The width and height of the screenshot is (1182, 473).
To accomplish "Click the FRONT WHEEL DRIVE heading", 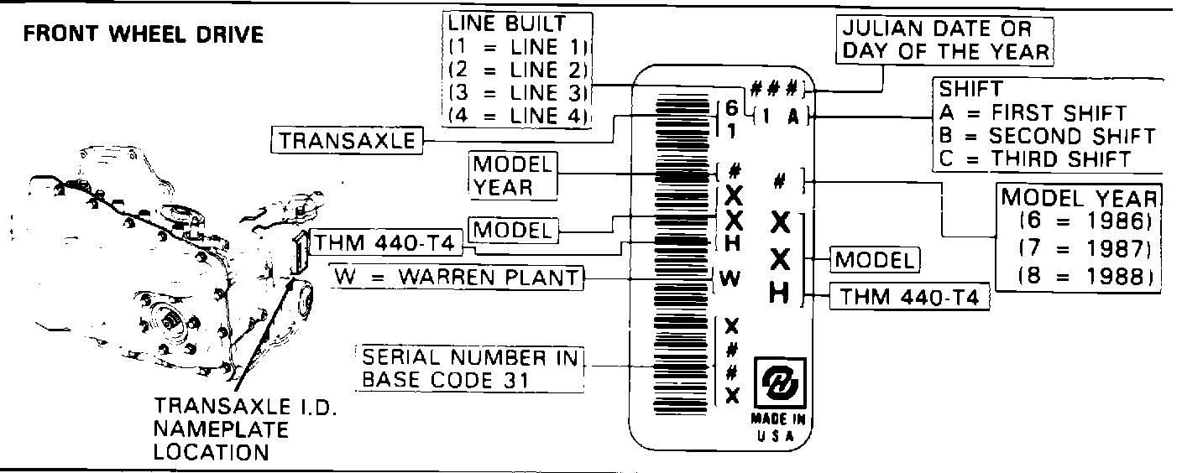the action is pyautogui.click(x=143, y=35).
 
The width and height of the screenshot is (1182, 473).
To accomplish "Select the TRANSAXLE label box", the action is pyautogui.click(x=348, y=140).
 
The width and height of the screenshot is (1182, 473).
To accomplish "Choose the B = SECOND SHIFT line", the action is pyautogui.click(x=1047, y=135).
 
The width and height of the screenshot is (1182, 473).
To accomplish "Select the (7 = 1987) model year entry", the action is pyautogui.click(x=1080, y=249).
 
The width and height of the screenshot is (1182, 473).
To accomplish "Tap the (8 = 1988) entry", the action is pyautogui.click(x=1080, y=277).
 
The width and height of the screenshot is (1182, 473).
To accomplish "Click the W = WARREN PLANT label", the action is pyautogui.click(x=457, y=278).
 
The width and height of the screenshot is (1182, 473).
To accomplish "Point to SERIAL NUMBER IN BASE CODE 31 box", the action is pyautogui.click(x=470, y=368).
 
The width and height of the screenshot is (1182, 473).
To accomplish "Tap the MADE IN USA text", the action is pyautogui.click(x=780, y=424).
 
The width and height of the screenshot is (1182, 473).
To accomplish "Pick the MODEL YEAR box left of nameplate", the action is pyautogui.click(x=513, y=175).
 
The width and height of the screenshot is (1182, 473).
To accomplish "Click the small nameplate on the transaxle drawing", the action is pyautogui.click(x=298, y=252).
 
